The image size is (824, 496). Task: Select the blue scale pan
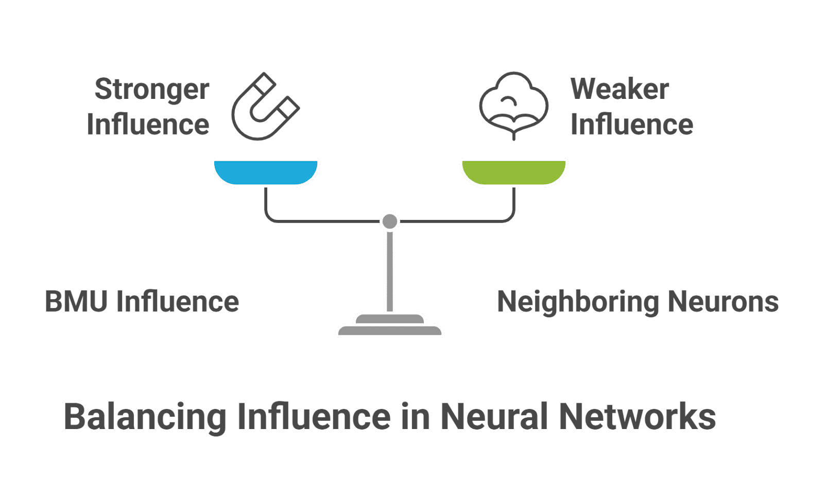tap(266, 172)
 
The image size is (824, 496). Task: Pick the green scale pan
tap(514, 172)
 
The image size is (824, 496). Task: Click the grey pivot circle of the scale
tap(389, 221)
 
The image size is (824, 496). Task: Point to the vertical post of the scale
tap(390, 271)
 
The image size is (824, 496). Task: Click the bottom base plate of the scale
tap(390, 331)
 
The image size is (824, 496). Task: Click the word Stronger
tap(152, 90)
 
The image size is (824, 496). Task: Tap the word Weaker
tap(620, 89)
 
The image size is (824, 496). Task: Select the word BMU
tap(76, 301)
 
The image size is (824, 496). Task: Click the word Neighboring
tap(577, 302)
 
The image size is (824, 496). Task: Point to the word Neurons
tap(723, 302)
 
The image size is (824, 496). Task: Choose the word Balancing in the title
tap(145, 418)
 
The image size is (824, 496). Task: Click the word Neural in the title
tap(494, 417)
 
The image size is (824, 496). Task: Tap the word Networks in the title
tap(638, 417)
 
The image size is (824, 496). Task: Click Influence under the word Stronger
tap(148, 124)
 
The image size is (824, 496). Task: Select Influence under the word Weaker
tap(632, 124)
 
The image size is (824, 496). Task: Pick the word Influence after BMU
tap(178, 301)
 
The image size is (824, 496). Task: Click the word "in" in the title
tap(416, 417)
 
